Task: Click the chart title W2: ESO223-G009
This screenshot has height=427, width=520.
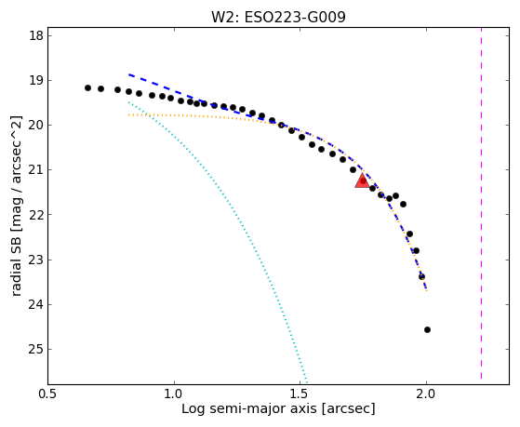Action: click(x=278, y=17)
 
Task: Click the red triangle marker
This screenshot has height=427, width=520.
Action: click(x=362, y=180)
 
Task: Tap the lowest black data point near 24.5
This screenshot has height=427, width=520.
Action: click(x=427, y=330)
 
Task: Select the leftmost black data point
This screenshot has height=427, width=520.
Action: click(x=87, y=88)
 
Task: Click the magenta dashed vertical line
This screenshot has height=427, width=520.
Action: click(x=481, y=204)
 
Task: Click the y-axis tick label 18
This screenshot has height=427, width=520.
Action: click(x=36, y=35)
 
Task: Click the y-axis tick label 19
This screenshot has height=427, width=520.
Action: click(x=36, y=80)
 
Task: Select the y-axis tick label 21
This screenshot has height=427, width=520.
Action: click(x=36, y=170)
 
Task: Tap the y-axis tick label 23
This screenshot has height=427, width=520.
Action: click(x=36, y=260)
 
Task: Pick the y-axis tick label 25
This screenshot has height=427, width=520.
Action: click(x=36, y=349)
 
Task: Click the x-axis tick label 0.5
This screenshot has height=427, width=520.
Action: click(x=48, y=394)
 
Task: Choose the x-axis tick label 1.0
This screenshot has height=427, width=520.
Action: click(x=174, y=394)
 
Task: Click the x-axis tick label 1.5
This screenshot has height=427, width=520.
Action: click(x=300, y=394)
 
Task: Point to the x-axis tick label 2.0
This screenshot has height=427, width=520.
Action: click(x=426, y=394)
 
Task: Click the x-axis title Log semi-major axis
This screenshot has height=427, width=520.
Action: click(x=249, y=409)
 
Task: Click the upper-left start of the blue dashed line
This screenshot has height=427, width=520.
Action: click(x=128, y=74)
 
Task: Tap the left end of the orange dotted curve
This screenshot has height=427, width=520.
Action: click(x=128, y=114)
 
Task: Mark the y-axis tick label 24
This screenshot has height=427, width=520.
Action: click(x=36, y=304)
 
